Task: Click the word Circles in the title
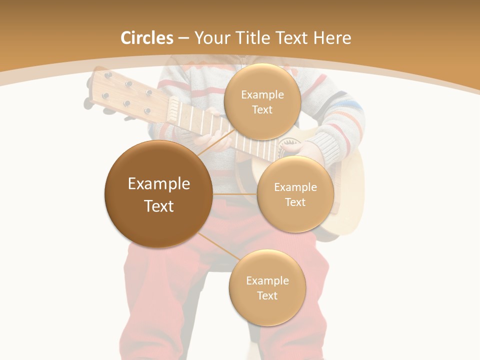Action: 147,38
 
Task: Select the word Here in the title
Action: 332,38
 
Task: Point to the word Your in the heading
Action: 212,38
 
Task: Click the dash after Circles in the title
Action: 183,38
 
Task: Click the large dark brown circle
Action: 159,194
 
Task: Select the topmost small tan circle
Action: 262,101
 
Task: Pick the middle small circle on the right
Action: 295,194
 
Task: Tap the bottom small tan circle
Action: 267,287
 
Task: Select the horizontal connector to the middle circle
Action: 235,194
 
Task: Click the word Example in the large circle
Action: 159,184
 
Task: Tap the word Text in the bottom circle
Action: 267,295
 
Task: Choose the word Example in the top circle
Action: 262,94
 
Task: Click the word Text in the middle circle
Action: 295,202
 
